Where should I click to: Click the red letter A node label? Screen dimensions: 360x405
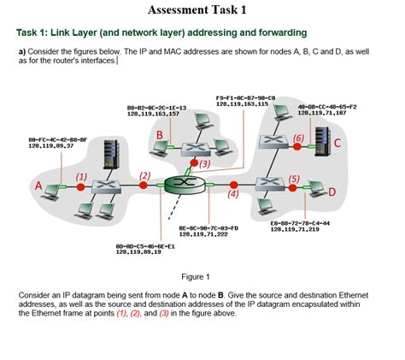(x=38, y=186)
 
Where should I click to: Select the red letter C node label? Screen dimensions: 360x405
(x=338, y=143)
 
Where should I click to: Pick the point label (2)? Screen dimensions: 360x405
(x=144, y=175)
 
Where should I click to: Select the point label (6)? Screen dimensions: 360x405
(x=297, y=137)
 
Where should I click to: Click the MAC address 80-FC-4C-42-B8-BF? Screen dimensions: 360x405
(x=58, y=139)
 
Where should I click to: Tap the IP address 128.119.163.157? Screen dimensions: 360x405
(x=153, y=113)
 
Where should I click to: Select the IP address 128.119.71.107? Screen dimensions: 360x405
(x=322, y=112)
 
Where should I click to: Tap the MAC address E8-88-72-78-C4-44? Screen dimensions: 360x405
(x=300, y=222)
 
